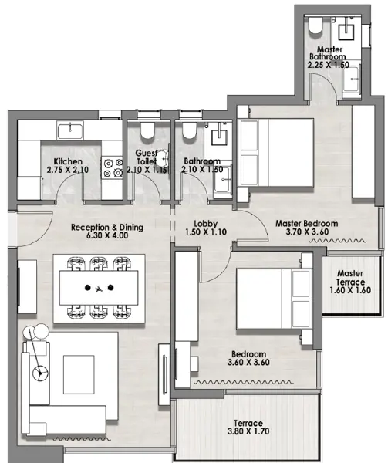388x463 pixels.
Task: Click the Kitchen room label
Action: pyautogui.click(x=68, y=161)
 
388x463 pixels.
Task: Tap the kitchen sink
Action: pyautogui.click(x=70, y=131)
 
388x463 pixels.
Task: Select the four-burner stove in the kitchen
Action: pyautogui.click(x=112, y=167)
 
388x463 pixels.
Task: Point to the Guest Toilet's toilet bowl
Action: pyautogui.click(x=147, y=131)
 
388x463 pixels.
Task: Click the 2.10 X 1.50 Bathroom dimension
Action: pyautogui.click(x=202, y=170)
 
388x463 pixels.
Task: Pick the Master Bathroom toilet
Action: pyautogui.click(x=315, y=25)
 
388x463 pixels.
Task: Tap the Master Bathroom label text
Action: pyautogui.click(x=328, y=52)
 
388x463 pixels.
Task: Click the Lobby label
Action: pyautogui.click(x=206, y=224)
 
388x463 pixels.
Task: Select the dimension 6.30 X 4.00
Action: pyautogui.click(x=107, y=235)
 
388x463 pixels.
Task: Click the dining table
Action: pyautogui.click(x=99, y=288)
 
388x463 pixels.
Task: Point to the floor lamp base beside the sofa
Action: pyautogui.click(x=39, y=373)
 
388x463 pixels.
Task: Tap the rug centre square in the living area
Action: pyautogui.click(x=79, y=374)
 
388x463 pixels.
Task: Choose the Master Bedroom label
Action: pyautogui.click(x=307, y=224)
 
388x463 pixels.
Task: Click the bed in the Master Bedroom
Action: pyautogui.click(x=276, y=153)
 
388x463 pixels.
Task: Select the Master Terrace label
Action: pyautogui.click(x=350, y=278)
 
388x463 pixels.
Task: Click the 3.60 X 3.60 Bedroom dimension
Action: pyautogui.click(x=248, y=363)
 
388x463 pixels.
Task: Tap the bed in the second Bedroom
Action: pyautogui.click(x=274, y=299)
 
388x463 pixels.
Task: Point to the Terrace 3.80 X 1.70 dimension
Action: pyautogui.click(x=248, y=431)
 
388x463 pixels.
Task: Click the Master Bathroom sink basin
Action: pyautogui.click(x=346, y=32)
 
